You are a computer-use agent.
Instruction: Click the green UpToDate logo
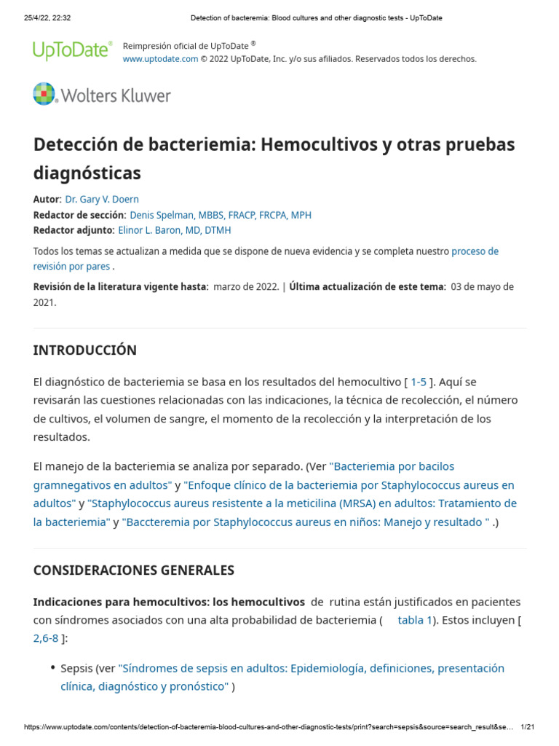click(x=72, y=50)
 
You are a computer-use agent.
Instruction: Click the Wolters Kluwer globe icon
click(x=44, y=95)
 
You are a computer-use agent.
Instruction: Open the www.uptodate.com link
click(x=160, y=59)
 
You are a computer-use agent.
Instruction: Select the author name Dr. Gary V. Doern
click(x=102, y=200)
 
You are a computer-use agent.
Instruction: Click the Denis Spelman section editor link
click(x=220, y=215)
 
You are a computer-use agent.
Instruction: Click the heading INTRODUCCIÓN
click(x=84, y=350)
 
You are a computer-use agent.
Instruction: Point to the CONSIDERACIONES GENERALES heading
click(x=134, y=570)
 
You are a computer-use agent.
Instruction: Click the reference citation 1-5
click(x=419, y=382)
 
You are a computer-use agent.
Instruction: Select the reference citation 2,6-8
click(x=46, y=638)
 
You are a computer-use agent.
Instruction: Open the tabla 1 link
click(x=414, y=620)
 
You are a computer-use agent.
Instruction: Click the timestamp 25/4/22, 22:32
click(x=44, y=17)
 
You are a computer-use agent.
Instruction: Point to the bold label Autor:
click(x=47, y=200)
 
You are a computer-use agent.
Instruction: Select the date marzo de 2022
click(x=245, y=287)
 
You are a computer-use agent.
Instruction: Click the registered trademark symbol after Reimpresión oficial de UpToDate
click(x=253, y=43)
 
